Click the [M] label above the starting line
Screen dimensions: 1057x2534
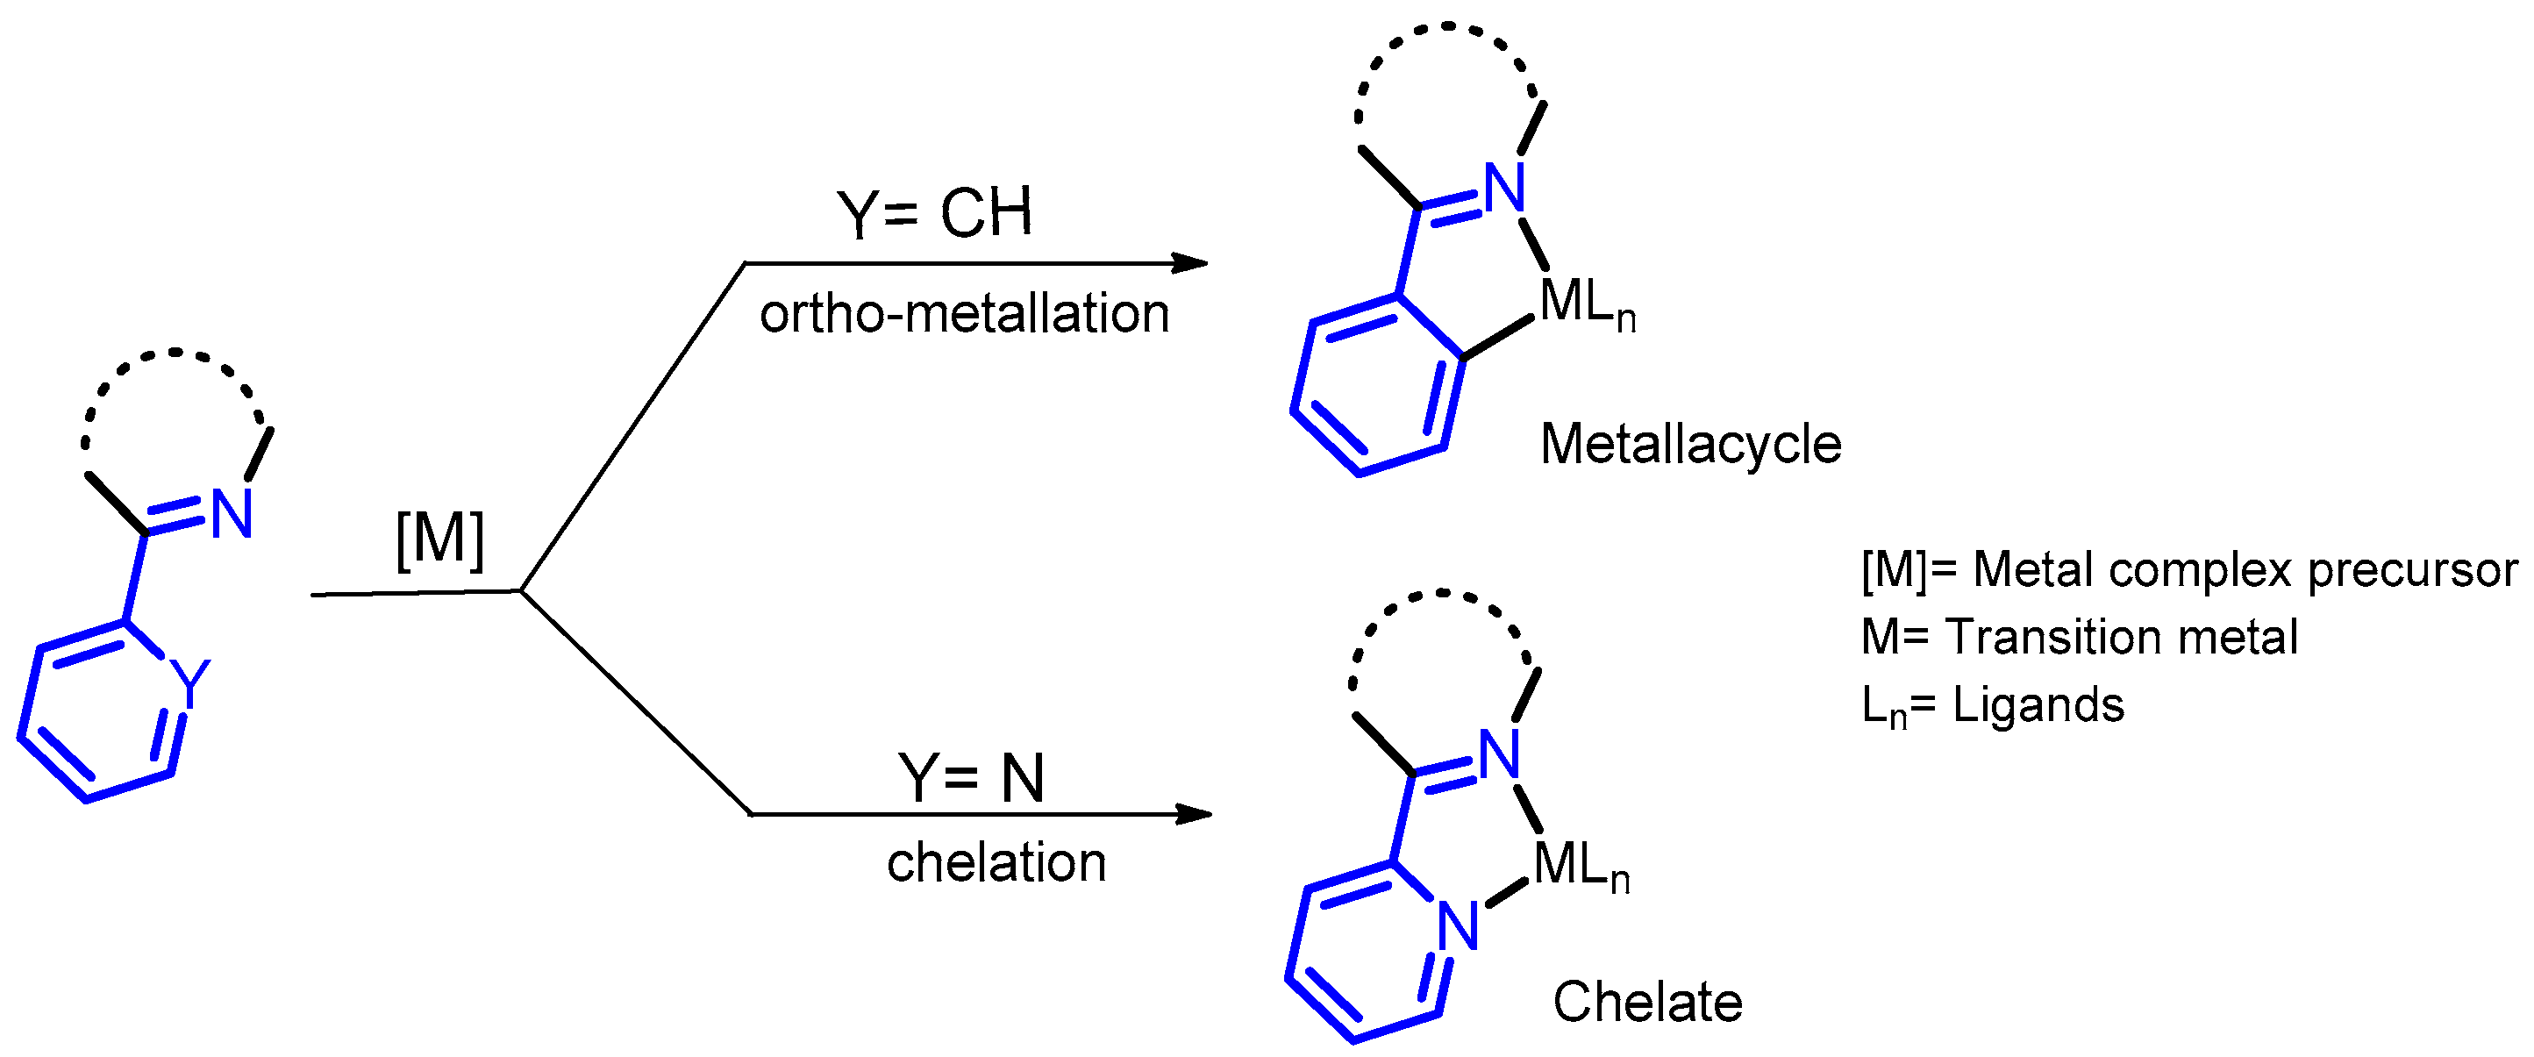coord(439,539)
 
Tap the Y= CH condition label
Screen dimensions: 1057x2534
coord(933,212)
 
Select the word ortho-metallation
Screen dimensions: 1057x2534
coord(964,314)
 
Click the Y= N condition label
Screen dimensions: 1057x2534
coord(971,778)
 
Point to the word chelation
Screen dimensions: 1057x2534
coord(996,863)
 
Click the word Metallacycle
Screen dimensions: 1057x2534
coord(1690,444)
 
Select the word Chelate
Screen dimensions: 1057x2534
coord(1648,1002)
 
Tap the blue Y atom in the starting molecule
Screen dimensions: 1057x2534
coord(189,680)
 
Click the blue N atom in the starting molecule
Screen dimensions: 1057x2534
coord(233,514)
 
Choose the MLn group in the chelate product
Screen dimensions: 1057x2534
coord(1580,866)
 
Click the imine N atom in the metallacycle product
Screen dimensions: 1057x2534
coord(1505,187)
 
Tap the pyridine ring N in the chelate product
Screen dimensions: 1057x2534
coord(1458,926)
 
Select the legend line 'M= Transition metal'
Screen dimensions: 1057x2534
coord(2080,637)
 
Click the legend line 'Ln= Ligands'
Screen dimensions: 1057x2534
coord(1992,705)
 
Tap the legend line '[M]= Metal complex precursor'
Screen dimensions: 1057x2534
coord(2188,570)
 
